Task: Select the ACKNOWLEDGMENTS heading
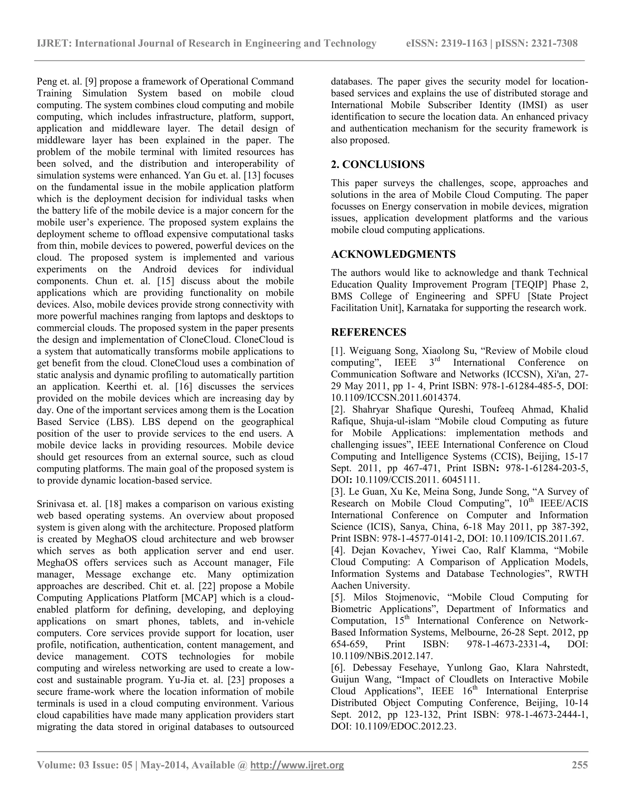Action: pyautogui.click(x=393, y=254)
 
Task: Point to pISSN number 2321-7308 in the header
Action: pyautogui.click(x=554, y=44)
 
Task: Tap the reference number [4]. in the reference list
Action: pyautogui.click(x=338, y=550)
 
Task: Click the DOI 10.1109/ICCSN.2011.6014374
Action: pyautogui.click(x=396, y=398)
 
